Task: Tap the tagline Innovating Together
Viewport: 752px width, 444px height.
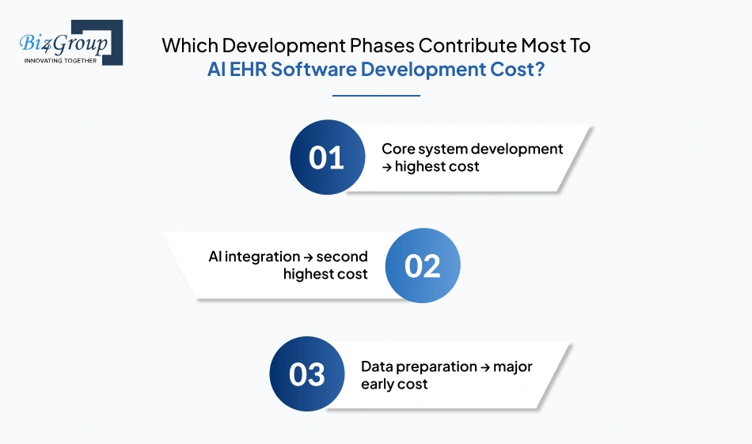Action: (x=60, y=60)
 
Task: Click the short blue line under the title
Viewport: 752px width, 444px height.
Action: (x=376, y=96)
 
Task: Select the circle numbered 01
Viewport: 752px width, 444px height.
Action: (x=327, y=157)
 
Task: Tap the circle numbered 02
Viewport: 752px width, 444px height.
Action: (x=422, y=266)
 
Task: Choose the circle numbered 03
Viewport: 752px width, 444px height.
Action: (x=307, y=374)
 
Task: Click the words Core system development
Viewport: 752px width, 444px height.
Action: (x=472, y=149)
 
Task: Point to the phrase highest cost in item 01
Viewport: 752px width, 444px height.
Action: (x=437, y=166)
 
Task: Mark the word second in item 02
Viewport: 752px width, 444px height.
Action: (x=342, y=256)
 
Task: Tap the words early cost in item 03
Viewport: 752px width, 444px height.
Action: (x=394, y=384)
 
